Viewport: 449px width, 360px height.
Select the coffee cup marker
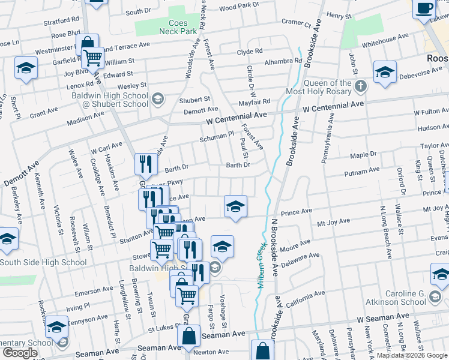click(x=424, y=8)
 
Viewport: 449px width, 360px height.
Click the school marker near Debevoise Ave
click(x=385, y=73)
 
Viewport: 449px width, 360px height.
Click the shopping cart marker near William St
click(x=93, y=58)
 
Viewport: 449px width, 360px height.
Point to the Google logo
click(x=20, y=353)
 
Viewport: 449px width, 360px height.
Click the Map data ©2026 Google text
click(x=411, y=355)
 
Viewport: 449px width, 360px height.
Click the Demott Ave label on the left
click(x=22, y=174)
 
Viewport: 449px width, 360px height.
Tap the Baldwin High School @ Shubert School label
click(x=110, y=100)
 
